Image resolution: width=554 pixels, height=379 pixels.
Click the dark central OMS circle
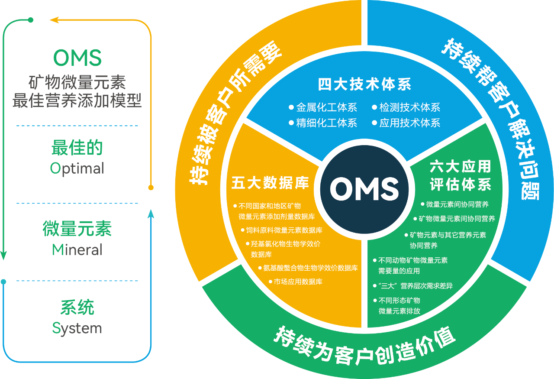tap(364, 188)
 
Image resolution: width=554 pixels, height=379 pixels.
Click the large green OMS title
tap(77, 57)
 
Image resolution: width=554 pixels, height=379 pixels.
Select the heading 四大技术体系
tap(364, 84)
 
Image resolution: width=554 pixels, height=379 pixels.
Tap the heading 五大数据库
tap(270, 183)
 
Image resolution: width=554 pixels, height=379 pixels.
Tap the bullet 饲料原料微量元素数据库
tap(284, 230)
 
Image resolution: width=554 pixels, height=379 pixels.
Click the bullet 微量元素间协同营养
tap(457, 204)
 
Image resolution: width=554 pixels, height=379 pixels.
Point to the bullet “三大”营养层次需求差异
tap(415, 286)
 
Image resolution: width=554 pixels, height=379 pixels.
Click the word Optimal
tap(77, 168)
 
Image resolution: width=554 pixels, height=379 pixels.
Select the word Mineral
tap(77, 249)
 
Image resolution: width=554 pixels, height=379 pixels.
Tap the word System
tap(77, 328)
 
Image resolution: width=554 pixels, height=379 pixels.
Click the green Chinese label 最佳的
tap(77, 148)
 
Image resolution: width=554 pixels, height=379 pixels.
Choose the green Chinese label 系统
tap(77, 308)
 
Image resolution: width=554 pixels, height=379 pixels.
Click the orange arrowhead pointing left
tap(54, 19)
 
